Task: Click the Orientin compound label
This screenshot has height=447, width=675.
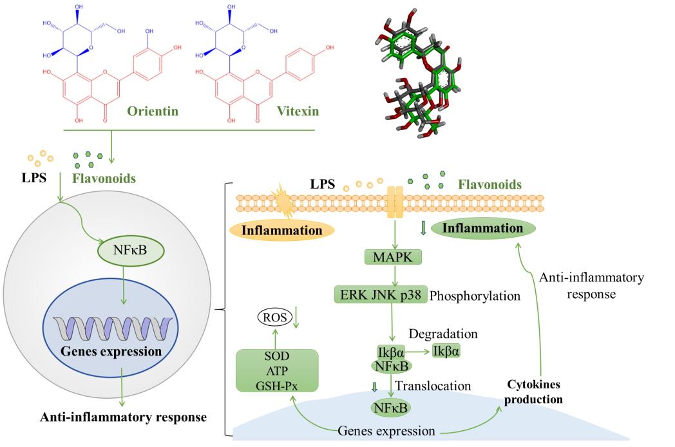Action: [153, 111]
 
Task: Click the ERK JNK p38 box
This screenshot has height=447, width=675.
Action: [381, 294]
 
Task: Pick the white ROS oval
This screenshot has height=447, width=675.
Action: [274, 317]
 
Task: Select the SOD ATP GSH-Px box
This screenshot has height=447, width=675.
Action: [277, 371]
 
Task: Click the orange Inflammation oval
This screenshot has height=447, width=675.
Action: [281, 230]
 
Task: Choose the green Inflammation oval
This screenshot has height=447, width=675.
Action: [485, 229]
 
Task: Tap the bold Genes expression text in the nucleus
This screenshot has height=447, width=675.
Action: [111, 352]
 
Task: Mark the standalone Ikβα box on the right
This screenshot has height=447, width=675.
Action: [446, 351]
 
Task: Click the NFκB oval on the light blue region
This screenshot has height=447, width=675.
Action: [390, 407]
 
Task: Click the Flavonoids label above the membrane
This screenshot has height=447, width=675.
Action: [490, 185]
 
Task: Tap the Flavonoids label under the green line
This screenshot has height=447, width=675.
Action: [104, 178]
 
